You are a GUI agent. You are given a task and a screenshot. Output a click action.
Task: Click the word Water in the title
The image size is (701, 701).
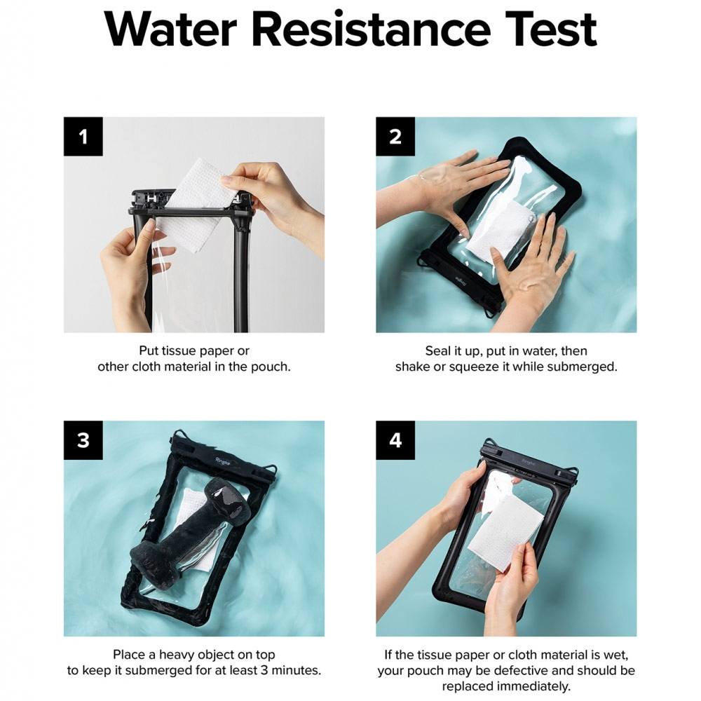170,29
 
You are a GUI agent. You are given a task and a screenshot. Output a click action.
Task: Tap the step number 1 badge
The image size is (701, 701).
83,136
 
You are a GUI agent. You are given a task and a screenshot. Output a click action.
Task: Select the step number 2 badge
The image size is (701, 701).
395,136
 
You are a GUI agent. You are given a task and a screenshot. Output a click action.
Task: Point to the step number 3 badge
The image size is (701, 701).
83,440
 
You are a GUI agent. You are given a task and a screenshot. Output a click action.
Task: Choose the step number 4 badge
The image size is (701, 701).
395,440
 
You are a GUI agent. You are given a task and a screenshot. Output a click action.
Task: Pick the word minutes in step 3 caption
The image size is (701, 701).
295,671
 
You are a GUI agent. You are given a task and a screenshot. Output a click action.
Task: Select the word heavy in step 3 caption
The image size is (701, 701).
175,655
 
